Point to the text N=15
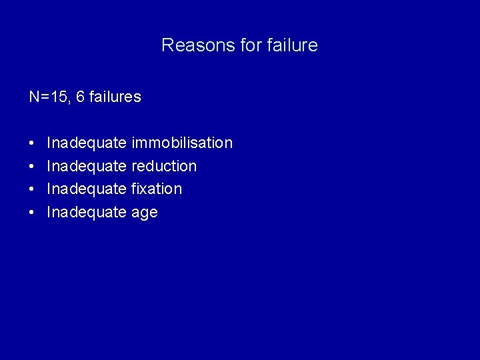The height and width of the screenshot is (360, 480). (48, 97)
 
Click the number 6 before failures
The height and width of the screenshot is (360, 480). (80, 97)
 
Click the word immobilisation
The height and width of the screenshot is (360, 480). (182, 143)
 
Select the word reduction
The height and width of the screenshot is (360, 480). (164, 166)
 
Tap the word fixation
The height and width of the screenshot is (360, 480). (157, 189)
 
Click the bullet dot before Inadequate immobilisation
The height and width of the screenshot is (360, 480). (32, 143)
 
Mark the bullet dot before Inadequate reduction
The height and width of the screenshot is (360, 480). (32, 167)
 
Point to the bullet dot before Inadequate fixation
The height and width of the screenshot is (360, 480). (32, 189)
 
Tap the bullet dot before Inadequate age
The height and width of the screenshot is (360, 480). (32, 213)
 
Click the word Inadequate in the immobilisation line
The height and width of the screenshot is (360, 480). (87, 143)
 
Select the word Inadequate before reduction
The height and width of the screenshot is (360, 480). (87, 166)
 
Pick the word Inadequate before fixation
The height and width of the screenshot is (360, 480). (87, 189)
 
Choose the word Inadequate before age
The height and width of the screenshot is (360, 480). (87, 212)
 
